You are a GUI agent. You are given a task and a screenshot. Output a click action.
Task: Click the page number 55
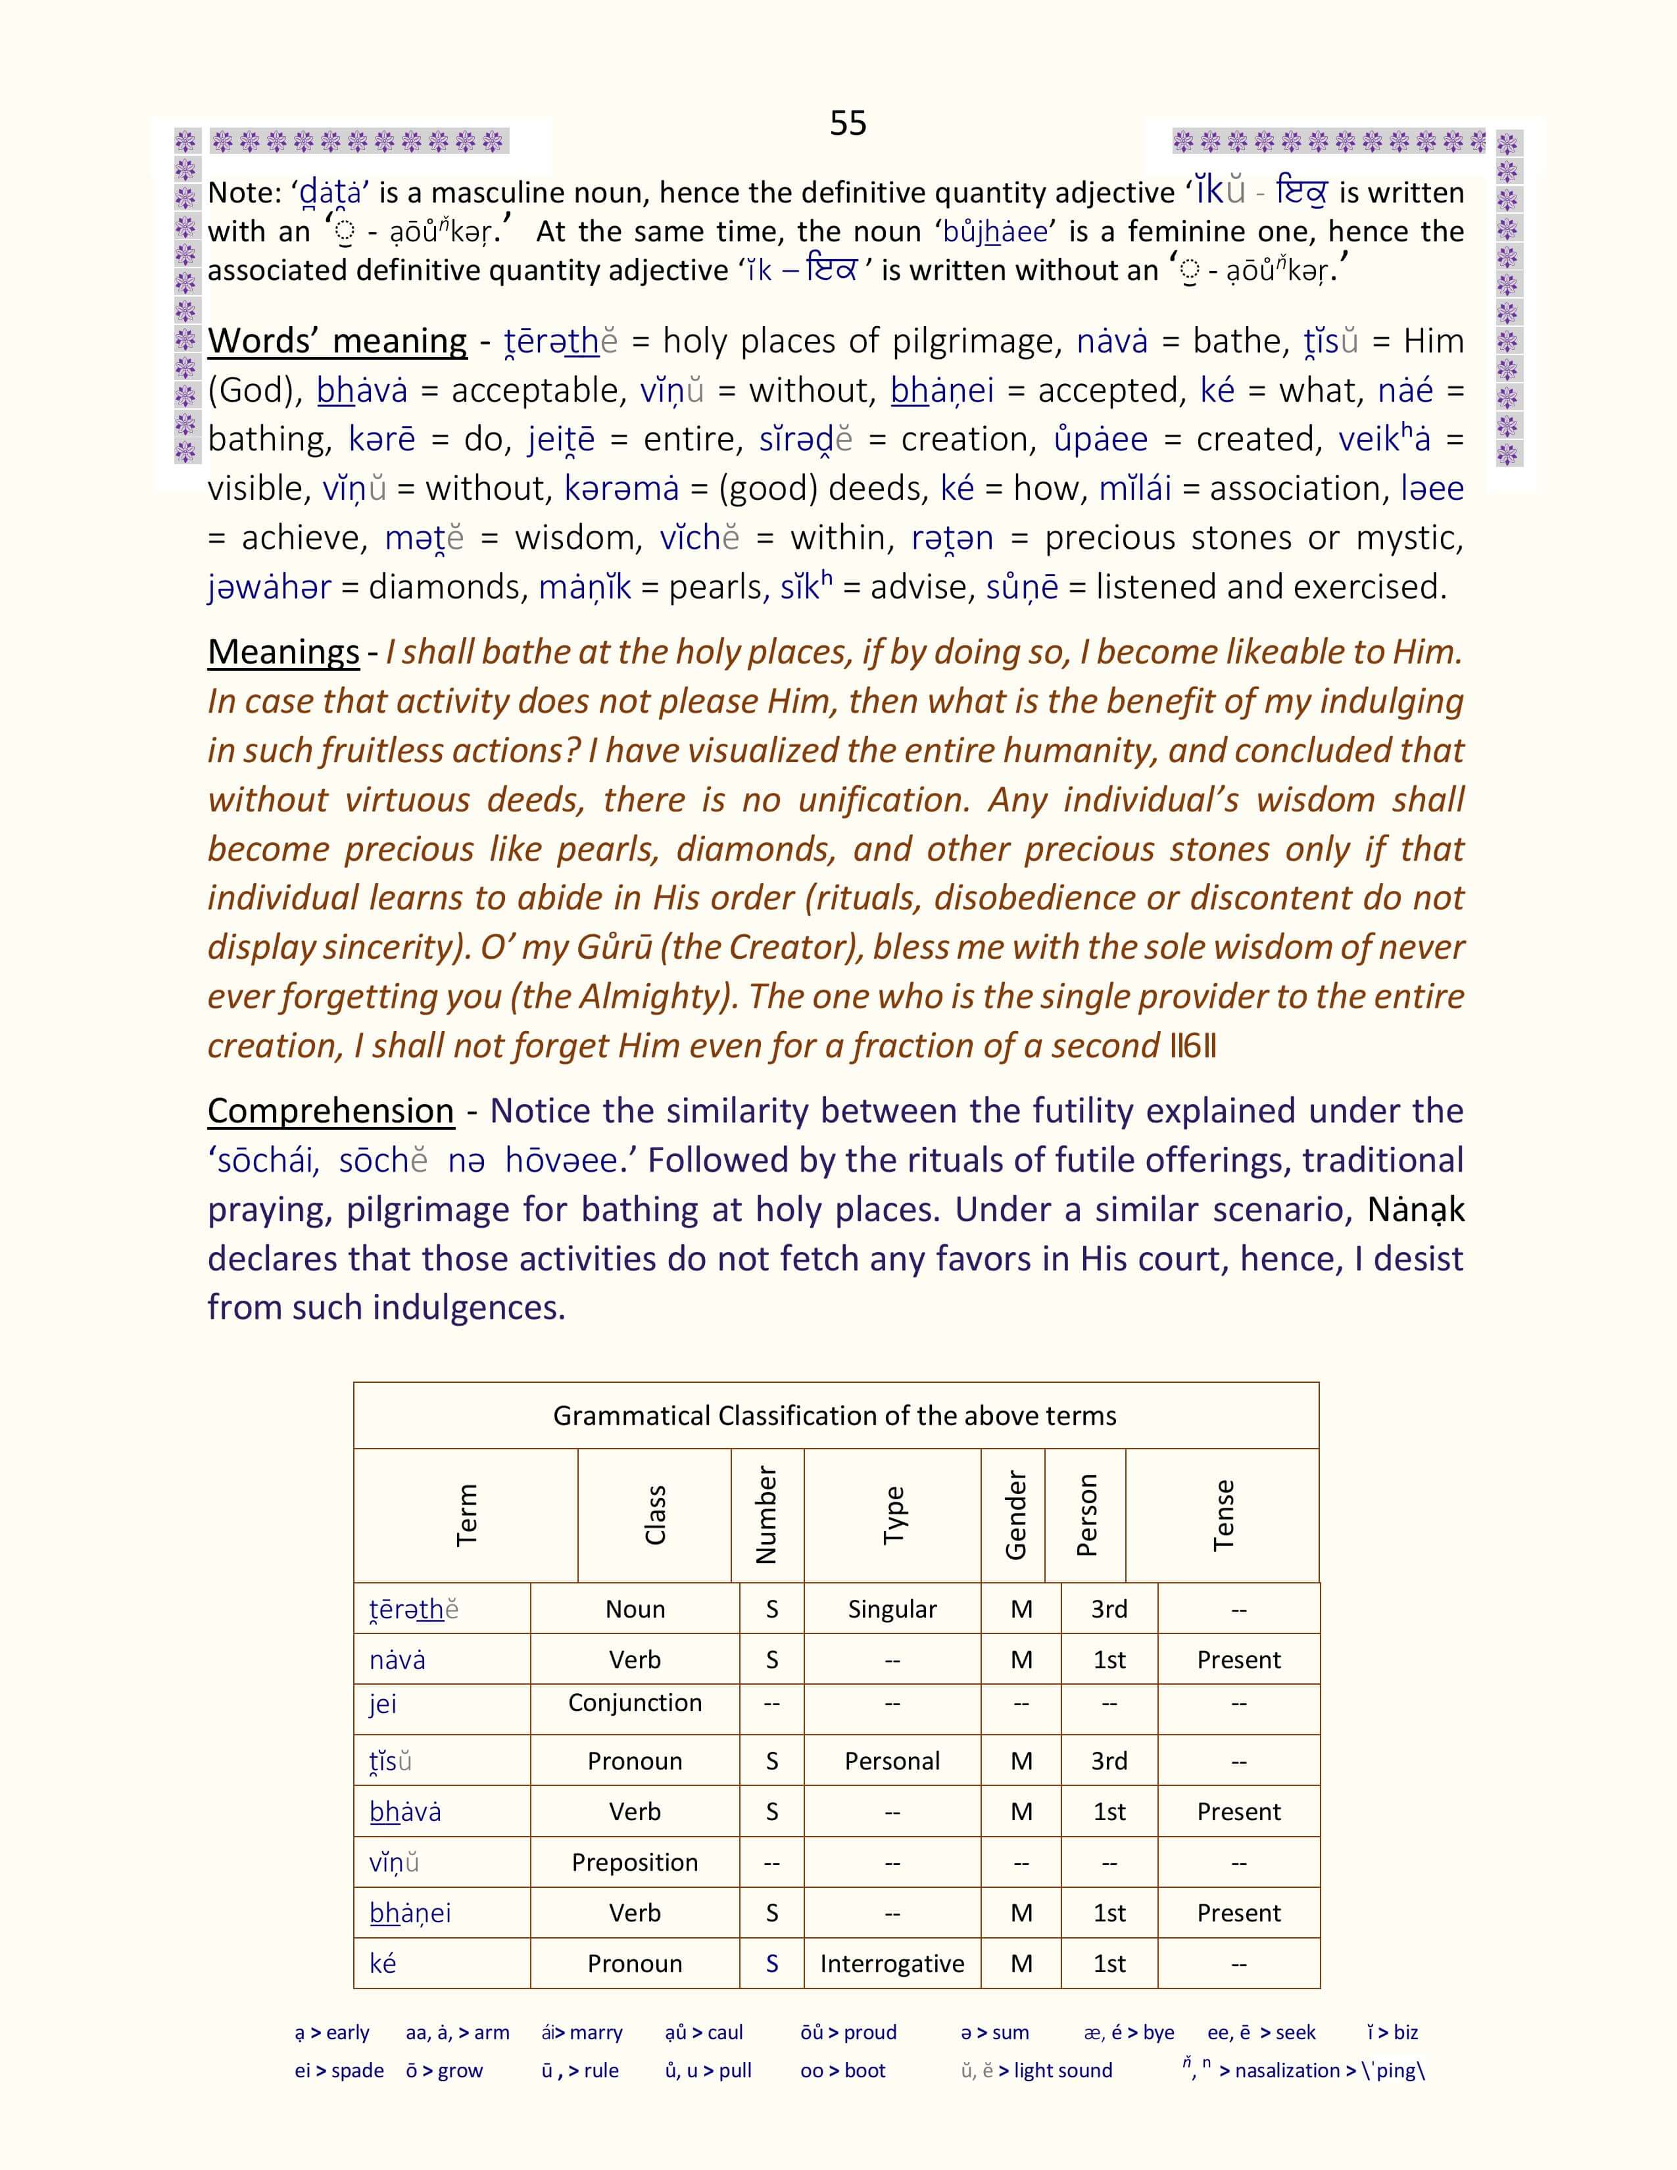[848, 123]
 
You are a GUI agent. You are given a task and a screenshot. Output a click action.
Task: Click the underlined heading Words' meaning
[337, 341]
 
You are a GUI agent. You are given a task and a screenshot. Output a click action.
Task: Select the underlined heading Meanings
[283, 652]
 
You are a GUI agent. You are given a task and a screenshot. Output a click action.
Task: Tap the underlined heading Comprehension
[331, 1110]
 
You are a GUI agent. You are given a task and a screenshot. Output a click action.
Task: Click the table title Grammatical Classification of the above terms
[835, 1415]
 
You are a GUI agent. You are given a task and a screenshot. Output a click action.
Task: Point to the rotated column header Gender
[1014, 1515]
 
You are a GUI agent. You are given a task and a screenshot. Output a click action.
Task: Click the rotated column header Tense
[1223, 1515]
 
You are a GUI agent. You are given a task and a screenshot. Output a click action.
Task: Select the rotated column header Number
[766, 1515]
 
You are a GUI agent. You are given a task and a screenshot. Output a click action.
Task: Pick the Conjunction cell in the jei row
[635, 1703]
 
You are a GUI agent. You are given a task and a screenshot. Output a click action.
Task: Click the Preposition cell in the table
[635, 1862]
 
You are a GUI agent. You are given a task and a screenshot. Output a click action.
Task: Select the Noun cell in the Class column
[635, 1608]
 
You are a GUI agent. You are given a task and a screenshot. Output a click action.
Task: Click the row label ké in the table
[383, 1964]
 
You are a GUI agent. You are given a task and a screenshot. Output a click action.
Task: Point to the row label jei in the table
[383, 1703]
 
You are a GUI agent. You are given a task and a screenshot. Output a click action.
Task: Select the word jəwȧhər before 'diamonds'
[269, 587]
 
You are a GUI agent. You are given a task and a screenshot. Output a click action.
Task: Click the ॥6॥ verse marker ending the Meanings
[1192, 1046]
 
